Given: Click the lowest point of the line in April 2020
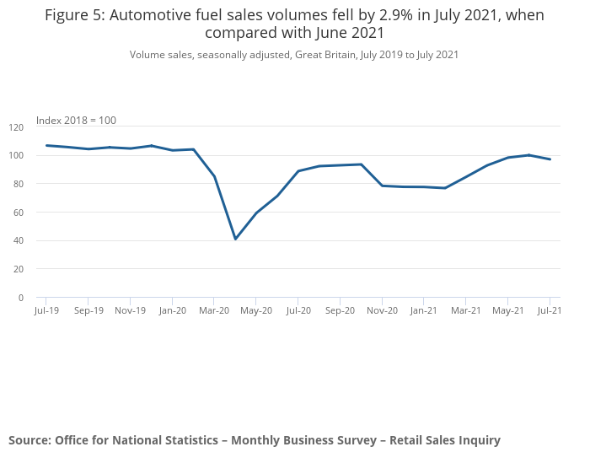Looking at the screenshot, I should pyautogui.click(x=235, y=239).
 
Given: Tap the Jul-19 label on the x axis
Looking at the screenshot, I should pyautogui.click(x=46, y=310).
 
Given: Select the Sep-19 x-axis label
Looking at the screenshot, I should pyautogui.click(x=88, y=310).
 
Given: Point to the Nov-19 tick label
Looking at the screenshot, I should pyautogui.click(x=130, y=310).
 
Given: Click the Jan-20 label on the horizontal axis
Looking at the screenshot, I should pyautogui.click(x=172, y=310).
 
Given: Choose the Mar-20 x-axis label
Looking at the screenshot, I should pyautogui.click(x=214, y=310).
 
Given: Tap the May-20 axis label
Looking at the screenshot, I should pyautogui.click(x=256, y=310).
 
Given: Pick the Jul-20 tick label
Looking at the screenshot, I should pyautogui.click(x=298, y=310).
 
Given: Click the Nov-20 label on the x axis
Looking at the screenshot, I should pyautogui.click(x=382, y=310).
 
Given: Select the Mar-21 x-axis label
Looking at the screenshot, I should pyautogui.click(x=466, y=310).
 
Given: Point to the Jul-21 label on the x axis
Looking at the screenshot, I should pyautogui.click(x=550, y=310).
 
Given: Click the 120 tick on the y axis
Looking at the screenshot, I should pyautogui.click(x=16, y=127).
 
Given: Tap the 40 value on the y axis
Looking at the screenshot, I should pyautogui.click(x=19, y=241).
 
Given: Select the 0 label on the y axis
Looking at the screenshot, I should pyautogui.click(x=21, y=298).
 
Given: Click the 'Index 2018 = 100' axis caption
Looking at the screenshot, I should pyautogui.click(x=76, y=121).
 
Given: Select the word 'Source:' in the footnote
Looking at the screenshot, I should pyautogui.click(x=29, y=440).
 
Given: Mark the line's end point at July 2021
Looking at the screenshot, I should pyautogui.click(x=550, y=159).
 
